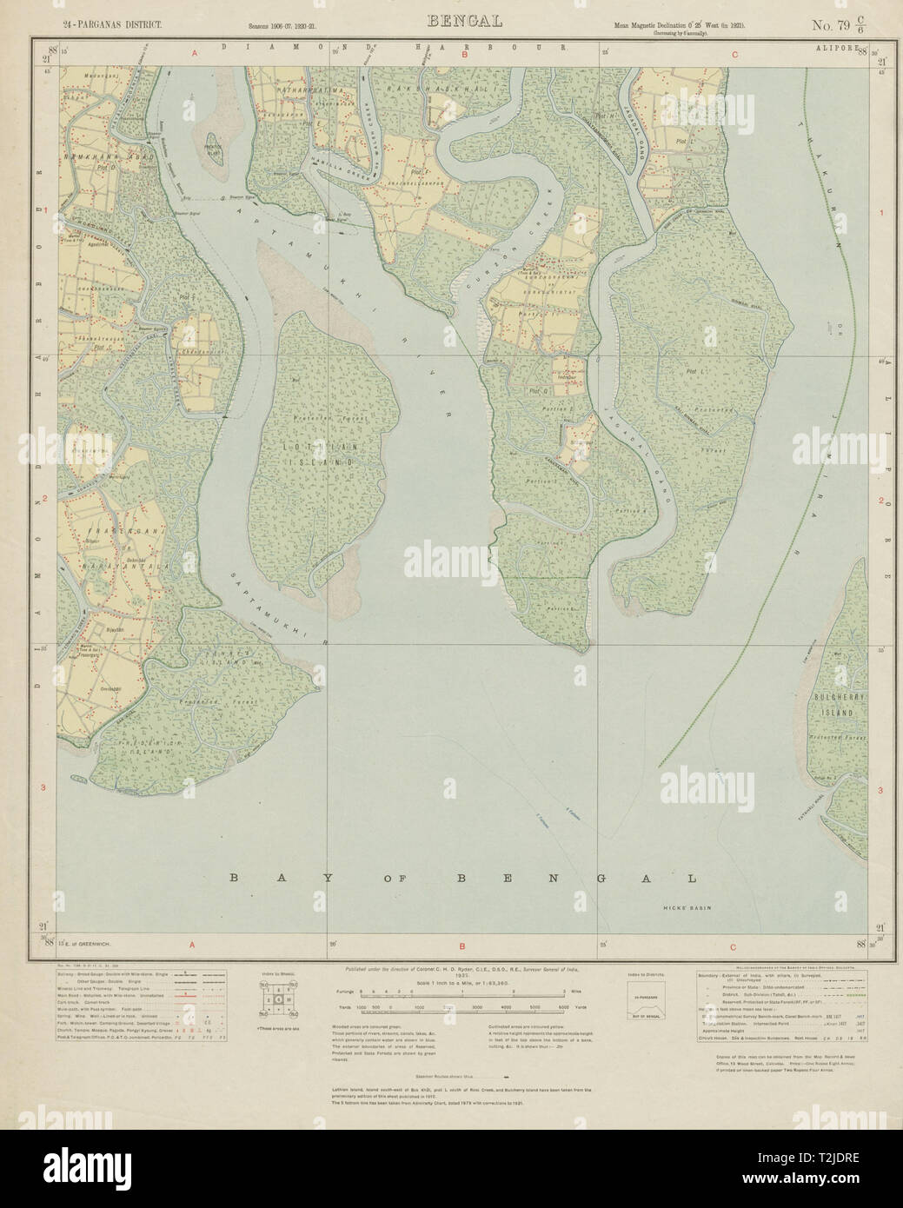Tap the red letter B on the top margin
465,54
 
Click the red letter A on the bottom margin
192,947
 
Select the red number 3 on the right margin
880,790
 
